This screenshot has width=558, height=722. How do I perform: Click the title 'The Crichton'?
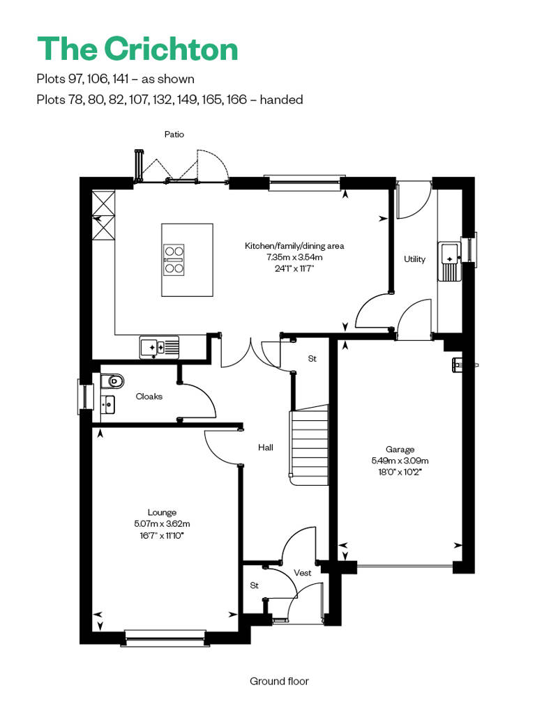coord(137,49)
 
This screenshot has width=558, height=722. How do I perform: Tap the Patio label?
coord(174,135)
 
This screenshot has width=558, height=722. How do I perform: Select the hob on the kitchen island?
coord(174,260)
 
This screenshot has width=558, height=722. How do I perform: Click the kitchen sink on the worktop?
coord(159,347)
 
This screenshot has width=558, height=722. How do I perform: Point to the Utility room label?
coord(414,259)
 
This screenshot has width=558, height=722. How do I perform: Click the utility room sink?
coord(450,261)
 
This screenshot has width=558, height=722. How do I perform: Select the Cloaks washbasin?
coord(107,405)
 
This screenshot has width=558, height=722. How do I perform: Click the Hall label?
coord(266,447)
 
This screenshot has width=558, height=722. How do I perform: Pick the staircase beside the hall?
coord(309,445)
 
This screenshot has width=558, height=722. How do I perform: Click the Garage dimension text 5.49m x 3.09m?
coord(400,461)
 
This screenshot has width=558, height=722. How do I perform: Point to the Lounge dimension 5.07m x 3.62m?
coord(163,523)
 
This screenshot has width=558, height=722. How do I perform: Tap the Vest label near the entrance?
coord(302,573)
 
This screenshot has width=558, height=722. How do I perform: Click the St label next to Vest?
coord(255,585)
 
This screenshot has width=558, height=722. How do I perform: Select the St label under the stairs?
coord(312,358)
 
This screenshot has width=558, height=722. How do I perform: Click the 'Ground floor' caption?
coord(279,681)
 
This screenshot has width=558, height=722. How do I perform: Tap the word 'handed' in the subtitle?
coord(281,100)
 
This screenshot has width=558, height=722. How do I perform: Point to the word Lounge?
coord(163,512)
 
